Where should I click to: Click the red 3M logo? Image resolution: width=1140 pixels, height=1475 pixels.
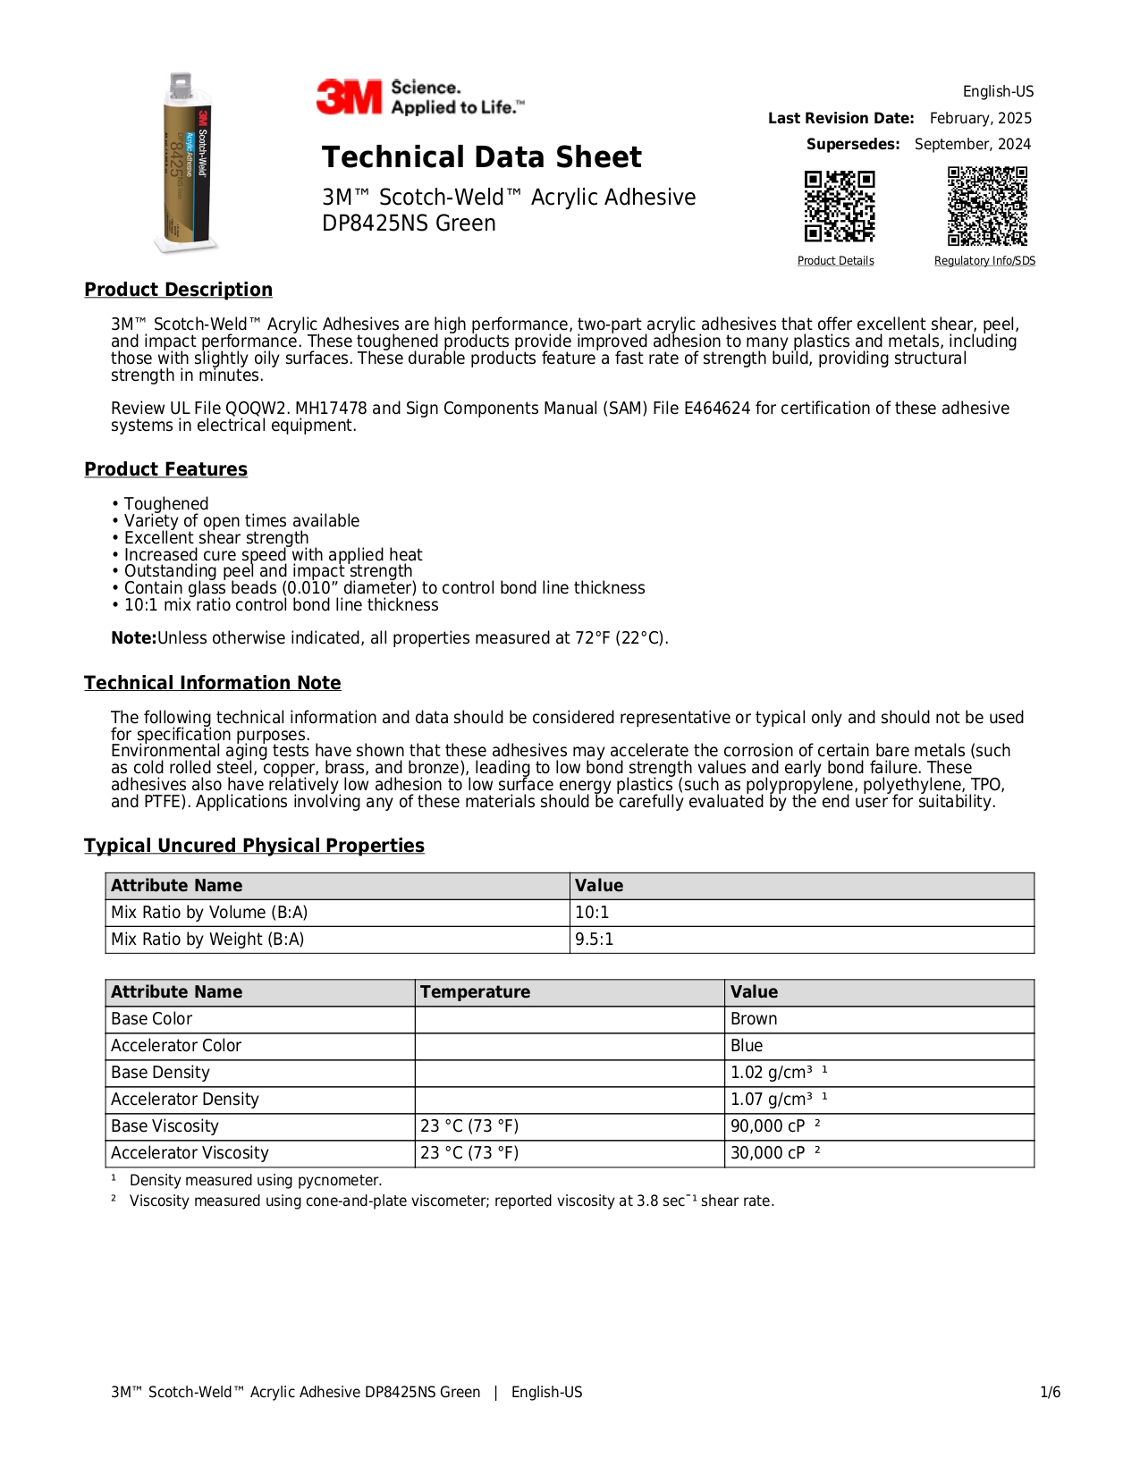point(349,97)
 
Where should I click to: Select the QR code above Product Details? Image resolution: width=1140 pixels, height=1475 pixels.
point(839,206)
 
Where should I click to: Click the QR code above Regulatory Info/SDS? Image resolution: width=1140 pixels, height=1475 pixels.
point(987,206)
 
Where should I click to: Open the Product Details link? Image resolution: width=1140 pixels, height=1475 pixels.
point(835,261)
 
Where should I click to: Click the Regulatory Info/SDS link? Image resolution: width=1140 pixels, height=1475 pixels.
point(984,261)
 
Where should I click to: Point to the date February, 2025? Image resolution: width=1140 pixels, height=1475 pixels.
point(980,118)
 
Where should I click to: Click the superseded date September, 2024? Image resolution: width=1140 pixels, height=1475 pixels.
point(972,144)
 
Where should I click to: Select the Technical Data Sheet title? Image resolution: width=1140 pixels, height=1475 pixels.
point(481,157)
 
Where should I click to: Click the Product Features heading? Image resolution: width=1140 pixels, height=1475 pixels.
point(165,469)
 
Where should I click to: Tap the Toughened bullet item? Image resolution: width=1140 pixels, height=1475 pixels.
point(166,504)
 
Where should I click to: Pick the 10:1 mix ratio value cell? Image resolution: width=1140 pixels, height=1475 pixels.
point(592,913)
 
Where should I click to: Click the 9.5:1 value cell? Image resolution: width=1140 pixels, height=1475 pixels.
point(595,940)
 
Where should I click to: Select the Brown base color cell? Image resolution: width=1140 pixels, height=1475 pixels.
point(754,1019)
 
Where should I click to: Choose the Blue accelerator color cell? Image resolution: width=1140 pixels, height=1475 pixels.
point(747,1046)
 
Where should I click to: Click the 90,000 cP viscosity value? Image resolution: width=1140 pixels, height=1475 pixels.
point(768,1126)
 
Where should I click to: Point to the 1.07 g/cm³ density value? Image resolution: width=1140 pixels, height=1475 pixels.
point(772,1100)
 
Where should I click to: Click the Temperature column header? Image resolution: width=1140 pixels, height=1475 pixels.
point(475,992)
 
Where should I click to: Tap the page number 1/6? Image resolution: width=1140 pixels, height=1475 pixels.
point(1050,1392)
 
